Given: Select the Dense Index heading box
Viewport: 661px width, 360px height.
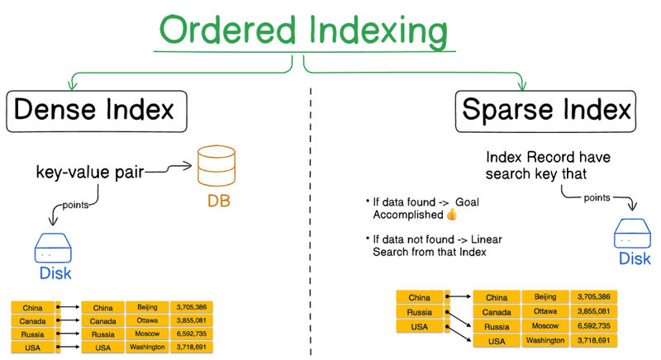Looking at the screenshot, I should tap(97, 111).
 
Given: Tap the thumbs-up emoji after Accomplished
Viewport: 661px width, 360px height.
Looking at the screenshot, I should tap(451, 216).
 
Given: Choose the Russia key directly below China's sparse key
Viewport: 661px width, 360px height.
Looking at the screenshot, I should tap(419, 312).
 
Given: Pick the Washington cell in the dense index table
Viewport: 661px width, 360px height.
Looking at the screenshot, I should tap(146, 348).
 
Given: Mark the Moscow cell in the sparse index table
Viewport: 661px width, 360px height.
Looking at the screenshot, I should tap(545, 326).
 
